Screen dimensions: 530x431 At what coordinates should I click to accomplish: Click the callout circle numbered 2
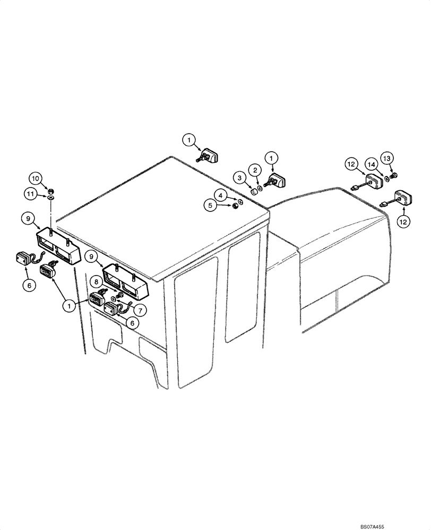click(256, 170)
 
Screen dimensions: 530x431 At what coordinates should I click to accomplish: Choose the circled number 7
click(141, 309)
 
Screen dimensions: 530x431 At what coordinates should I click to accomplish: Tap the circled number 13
click(387, 158)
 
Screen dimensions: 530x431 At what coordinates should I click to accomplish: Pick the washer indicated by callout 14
click(386, 179)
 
